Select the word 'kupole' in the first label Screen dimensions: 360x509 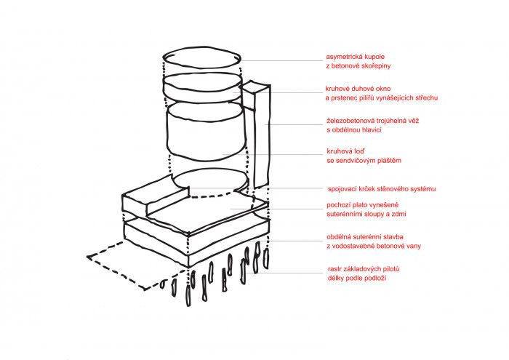[x=383, y=57]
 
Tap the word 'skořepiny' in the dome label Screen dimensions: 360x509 [x=375, y=66]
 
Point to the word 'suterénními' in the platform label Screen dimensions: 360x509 [x=349, y=216]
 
